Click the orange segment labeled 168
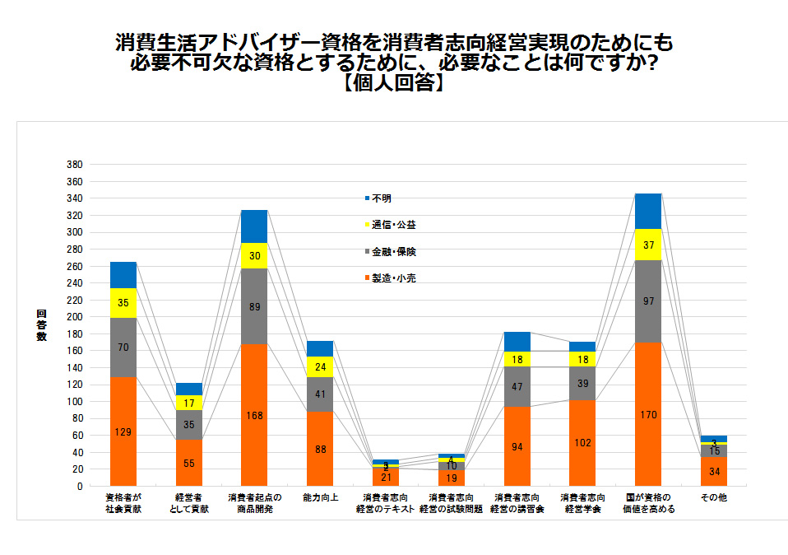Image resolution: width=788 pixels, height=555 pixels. coord(254,414)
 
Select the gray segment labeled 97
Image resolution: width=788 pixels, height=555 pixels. coord(648,301)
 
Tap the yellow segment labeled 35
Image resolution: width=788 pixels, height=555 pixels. coord(123,302)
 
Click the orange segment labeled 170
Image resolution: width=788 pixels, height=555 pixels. coord(648,414)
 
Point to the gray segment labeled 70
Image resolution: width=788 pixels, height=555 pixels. coord(123,347)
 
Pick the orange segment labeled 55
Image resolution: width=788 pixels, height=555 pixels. coord(188,463)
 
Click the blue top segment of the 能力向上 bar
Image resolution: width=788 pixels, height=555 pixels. coord(320,348)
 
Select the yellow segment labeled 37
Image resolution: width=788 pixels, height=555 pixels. coord(648,245)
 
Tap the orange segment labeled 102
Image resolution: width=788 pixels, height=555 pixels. coord(582,443)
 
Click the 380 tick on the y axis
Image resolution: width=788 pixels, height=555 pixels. coord(74,165)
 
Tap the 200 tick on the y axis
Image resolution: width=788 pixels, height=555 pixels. coord(74,317)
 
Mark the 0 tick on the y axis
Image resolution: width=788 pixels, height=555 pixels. coord(80,486)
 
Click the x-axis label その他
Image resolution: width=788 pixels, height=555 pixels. coord(713,498)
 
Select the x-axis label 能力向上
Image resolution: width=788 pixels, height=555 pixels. coord(320,498)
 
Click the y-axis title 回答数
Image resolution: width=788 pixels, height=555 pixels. coord(42,325)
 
